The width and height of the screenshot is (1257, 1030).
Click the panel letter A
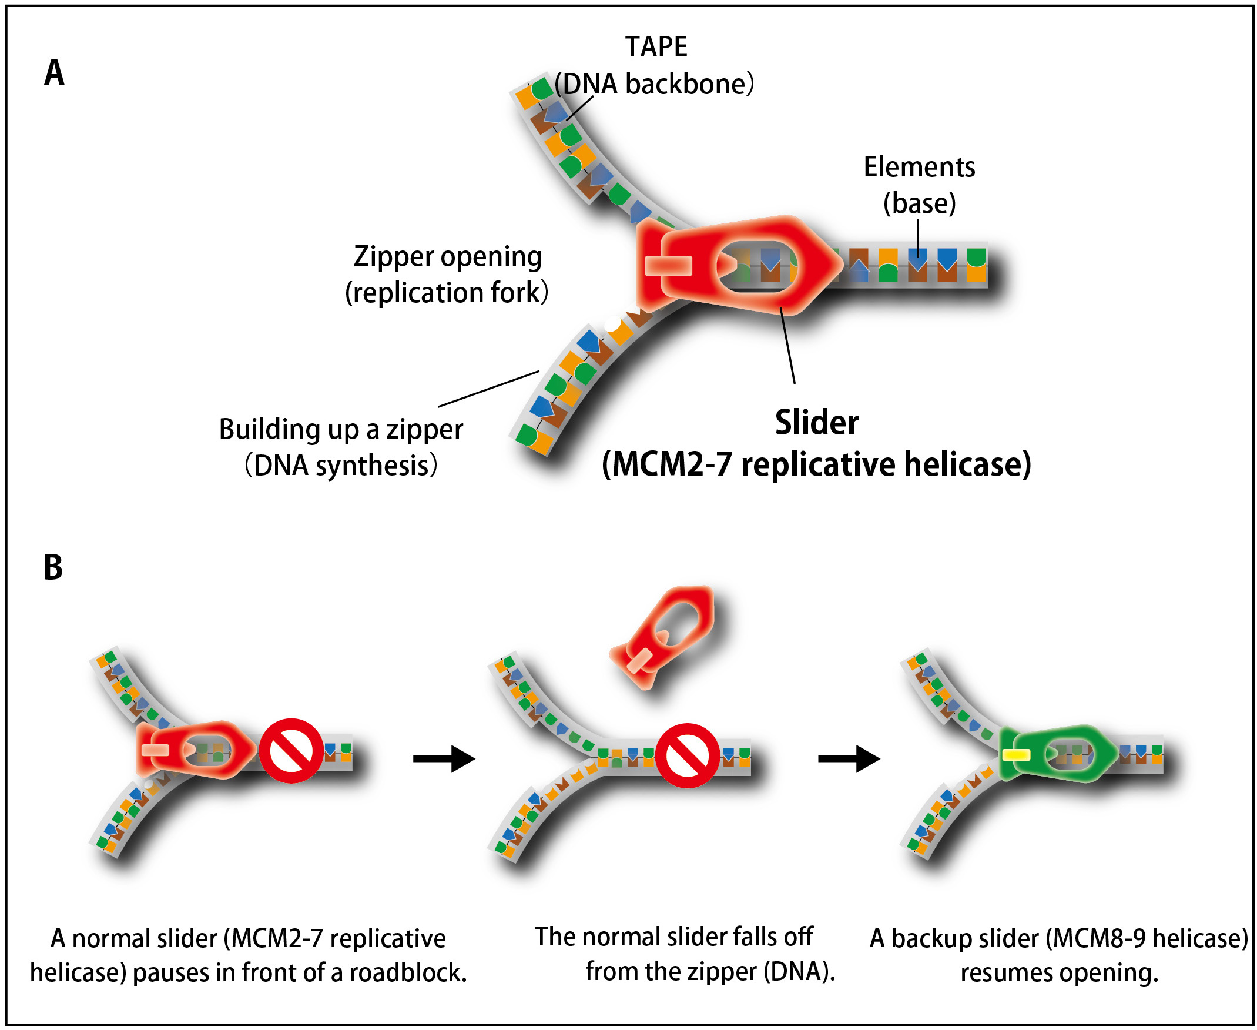click(54, 73)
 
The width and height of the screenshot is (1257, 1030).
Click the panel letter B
click(53, 567)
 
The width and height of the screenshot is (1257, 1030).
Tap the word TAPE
click(656, 47)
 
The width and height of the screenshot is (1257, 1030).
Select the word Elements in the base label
click(919, 167)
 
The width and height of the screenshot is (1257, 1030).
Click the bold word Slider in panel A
click(816, 423)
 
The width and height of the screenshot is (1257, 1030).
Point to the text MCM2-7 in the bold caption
click(671, 464)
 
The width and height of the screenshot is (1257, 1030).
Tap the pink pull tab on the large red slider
click(668, 265)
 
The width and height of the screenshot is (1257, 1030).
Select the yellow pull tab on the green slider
click(1016, 755)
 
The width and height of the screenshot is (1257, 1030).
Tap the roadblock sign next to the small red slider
click(290, 751)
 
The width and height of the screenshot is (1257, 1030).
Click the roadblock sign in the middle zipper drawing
click(687, 755)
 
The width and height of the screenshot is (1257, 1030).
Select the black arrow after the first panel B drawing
click(444, 758)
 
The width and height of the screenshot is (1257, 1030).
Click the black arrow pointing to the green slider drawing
click(849, 758)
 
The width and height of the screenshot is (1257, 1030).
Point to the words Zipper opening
click(448, 257)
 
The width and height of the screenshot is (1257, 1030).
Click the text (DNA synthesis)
click(341, 465)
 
